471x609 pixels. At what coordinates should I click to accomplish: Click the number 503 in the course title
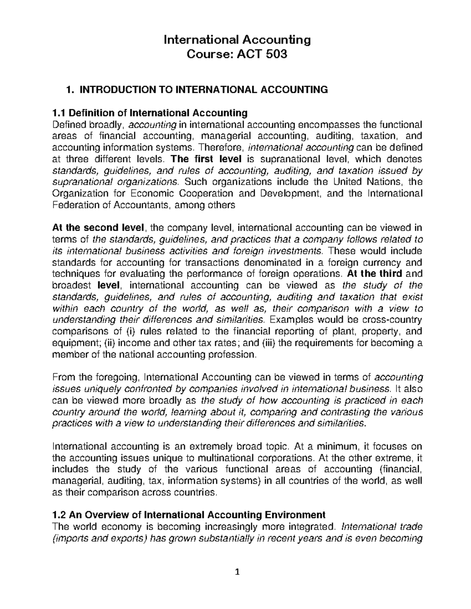[x=276, y=54]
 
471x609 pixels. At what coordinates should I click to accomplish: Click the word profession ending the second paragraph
[x=234, y=355]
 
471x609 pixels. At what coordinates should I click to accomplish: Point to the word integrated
[x=306, y=526]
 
